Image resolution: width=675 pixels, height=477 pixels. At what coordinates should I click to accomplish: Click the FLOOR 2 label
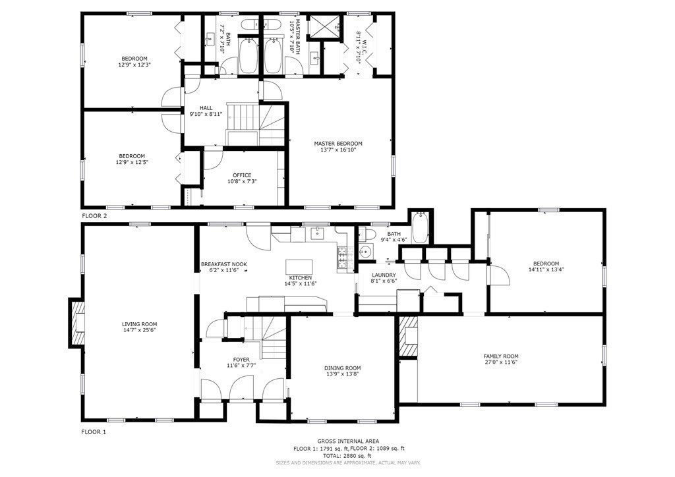tap(94, 215)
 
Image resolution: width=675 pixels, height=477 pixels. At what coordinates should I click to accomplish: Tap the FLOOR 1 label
tap(94, 432)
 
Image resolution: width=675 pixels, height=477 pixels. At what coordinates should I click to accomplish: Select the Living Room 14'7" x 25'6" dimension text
tap(139, 331)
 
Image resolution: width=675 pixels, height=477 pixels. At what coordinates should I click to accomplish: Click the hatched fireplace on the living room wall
tap(76, 322)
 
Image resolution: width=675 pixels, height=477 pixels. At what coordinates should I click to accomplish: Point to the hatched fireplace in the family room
tap(407, 337)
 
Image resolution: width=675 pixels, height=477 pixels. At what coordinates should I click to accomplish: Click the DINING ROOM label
tap(342, 368)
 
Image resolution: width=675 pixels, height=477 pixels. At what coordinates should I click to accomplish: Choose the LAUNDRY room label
tap(383, 275)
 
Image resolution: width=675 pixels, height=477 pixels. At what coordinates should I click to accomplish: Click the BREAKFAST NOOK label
tap(223, 264)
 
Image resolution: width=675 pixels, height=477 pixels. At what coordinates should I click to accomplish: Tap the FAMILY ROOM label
tap(501, 356)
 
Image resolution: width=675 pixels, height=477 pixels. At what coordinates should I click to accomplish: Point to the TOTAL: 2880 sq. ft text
tap(341, 455)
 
